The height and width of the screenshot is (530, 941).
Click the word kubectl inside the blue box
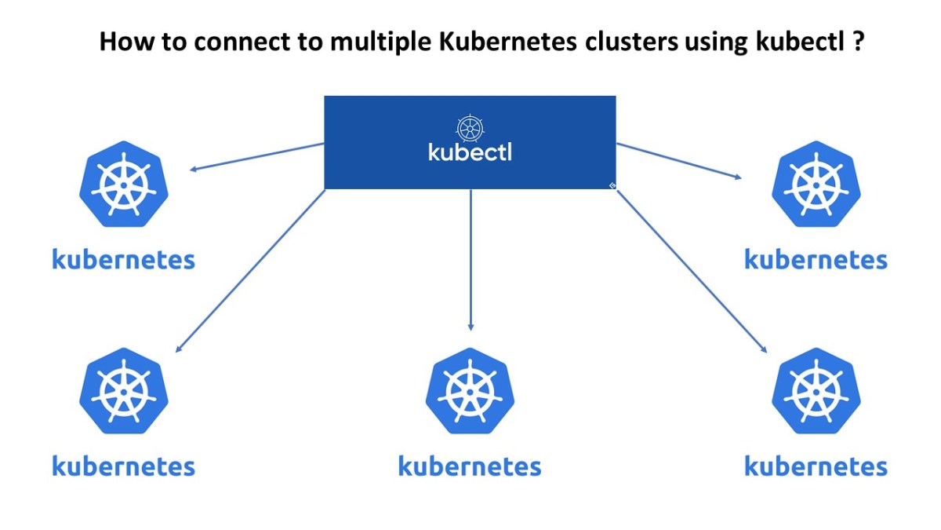[x=470, y=151]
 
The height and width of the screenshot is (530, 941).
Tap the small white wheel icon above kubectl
[x=470, y=126]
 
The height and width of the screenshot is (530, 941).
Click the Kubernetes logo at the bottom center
[x=470, y=390]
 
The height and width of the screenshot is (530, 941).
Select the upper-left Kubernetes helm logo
[x=124, y=185]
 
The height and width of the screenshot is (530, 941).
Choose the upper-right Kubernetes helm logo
[x=816, y=185]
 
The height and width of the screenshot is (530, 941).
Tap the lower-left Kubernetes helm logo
[x=124, y=390]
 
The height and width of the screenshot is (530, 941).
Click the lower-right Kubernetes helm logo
[x=816, y=390]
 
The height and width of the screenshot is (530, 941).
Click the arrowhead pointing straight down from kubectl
[x=470, y=326]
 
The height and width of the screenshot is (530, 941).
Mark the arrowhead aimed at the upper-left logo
[x=192, y=168]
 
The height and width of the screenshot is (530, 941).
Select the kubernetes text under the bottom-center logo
[x=470, y=466]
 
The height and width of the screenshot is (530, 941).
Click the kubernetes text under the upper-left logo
[x=124, y=259]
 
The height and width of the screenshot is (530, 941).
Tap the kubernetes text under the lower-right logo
[x=816, y=466]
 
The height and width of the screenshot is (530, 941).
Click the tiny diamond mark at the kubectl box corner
[x=612, y=185]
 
